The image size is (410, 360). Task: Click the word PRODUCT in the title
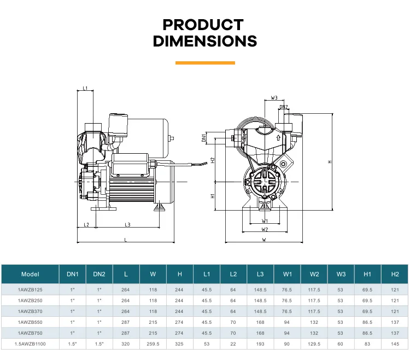(x=203, y=25)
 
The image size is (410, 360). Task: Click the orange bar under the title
(x=205, y=63)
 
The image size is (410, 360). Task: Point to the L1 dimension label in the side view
(x=85, y=88)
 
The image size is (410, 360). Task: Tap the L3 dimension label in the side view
(x=127, y=224)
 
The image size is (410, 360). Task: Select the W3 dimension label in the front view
(x=274, y=98)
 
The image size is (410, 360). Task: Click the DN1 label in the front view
(x=204, y=138)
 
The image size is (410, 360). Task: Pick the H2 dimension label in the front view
(x=213, y=160)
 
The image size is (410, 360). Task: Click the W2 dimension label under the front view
(x=265, y=229)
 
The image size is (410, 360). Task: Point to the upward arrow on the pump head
(x=278, y=138)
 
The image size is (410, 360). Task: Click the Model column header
(x=30, y=274)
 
